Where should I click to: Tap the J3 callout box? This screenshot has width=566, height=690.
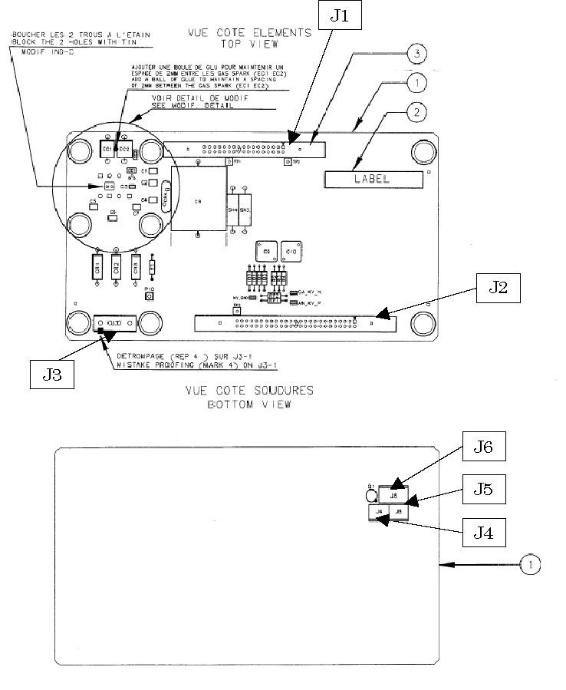coord(52,373)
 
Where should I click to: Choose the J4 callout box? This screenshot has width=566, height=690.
coord(483,532)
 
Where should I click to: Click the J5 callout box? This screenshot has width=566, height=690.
coord(483,489)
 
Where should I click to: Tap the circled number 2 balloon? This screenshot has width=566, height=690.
coord(415,112)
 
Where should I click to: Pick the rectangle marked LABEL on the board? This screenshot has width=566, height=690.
coord(373,180)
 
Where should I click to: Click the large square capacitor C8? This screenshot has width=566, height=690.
coord(198,200)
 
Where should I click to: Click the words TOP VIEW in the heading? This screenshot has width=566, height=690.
coord(250,45)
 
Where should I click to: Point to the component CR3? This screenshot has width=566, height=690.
coord(136,268)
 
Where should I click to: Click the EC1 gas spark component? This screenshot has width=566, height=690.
coord(107,147)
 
